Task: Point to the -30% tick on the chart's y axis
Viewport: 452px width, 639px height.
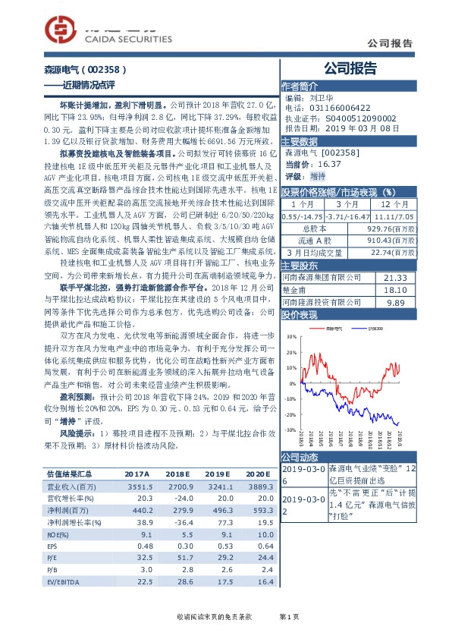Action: (x=290, y=430)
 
